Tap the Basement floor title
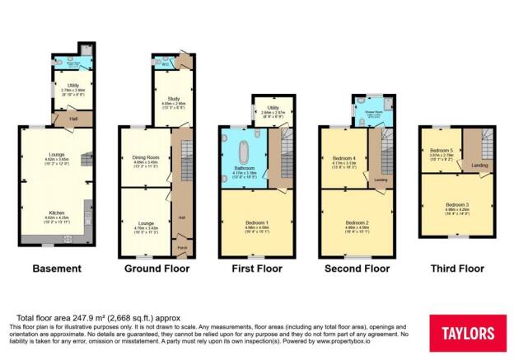[57, 269]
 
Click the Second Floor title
[354, 269]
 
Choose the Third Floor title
[456, 269]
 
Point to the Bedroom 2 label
[356, 222]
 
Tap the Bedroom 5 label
[441, 150]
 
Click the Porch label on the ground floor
[181, 245]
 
